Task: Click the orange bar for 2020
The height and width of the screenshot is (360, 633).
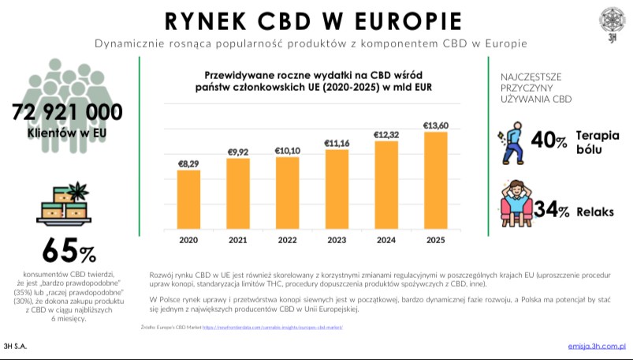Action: coord(188,198)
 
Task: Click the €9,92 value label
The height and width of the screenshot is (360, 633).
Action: coord(238,152)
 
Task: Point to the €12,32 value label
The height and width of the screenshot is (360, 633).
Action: coord(386,135)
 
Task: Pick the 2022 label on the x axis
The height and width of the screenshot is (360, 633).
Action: coord(287,240)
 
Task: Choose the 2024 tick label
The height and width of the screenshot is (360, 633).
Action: coord(386,240)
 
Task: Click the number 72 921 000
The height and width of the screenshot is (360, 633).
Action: coord(67,111)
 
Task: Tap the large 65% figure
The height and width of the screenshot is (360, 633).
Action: coord(69,251)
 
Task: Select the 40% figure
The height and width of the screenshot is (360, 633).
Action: coord(549,141)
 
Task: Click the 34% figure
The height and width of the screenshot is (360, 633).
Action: coord(552,209)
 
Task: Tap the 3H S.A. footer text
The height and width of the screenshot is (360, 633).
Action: coord(16,347)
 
